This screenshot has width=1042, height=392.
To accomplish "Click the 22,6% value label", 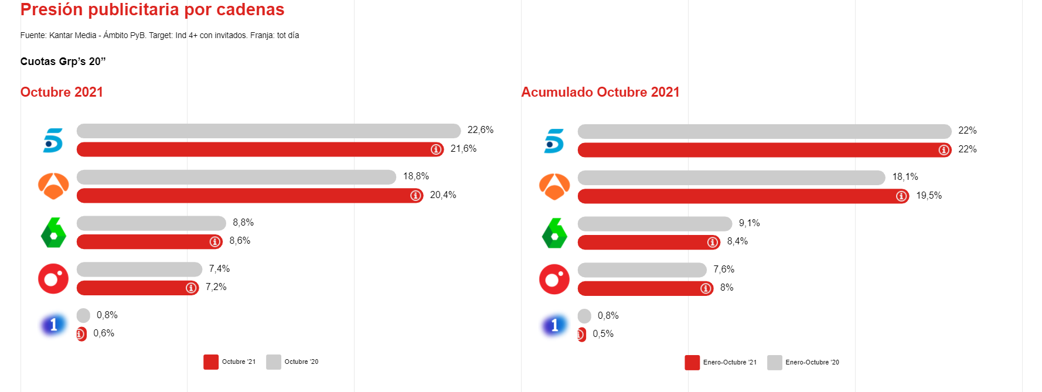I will (x=480, y=130).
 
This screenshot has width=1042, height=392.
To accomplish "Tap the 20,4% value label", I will (x=442, y=195).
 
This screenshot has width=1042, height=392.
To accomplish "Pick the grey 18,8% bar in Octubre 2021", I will (x=236, y=177).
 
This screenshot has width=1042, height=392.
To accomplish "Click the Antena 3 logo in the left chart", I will (x=53, y=186).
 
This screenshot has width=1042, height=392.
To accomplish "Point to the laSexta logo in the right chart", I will (x=554, y=233).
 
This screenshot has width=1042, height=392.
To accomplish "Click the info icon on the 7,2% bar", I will (x=191, y=288).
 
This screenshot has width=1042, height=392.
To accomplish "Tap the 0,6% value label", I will (x=104, y=333).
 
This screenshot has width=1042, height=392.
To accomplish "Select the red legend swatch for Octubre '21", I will (x=211, y=362).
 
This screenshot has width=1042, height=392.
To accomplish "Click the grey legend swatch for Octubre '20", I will (x=273, y=362).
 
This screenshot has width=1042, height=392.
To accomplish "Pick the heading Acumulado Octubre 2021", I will (x=600, y=93).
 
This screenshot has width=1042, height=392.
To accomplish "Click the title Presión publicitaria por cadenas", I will (x=152, y=9).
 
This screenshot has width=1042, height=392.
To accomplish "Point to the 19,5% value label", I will (x=929, y=196).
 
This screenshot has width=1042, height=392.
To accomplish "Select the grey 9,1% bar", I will (x=655, y=224).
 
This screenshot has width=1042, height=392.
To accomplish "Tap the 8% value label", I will (x=727, y=288).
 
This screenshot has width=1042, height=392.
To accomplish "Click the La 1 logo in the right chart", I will (x=554, y=325).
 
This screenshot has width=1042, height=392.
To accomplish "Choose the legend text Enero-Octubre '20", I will (x=812, y=363).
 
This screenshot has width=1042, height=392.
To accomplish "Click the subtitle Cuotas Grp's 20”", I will (x=63, y=62).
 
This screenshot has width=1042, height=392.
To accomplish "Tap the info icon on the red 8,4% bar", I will (x=713, y=242).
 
